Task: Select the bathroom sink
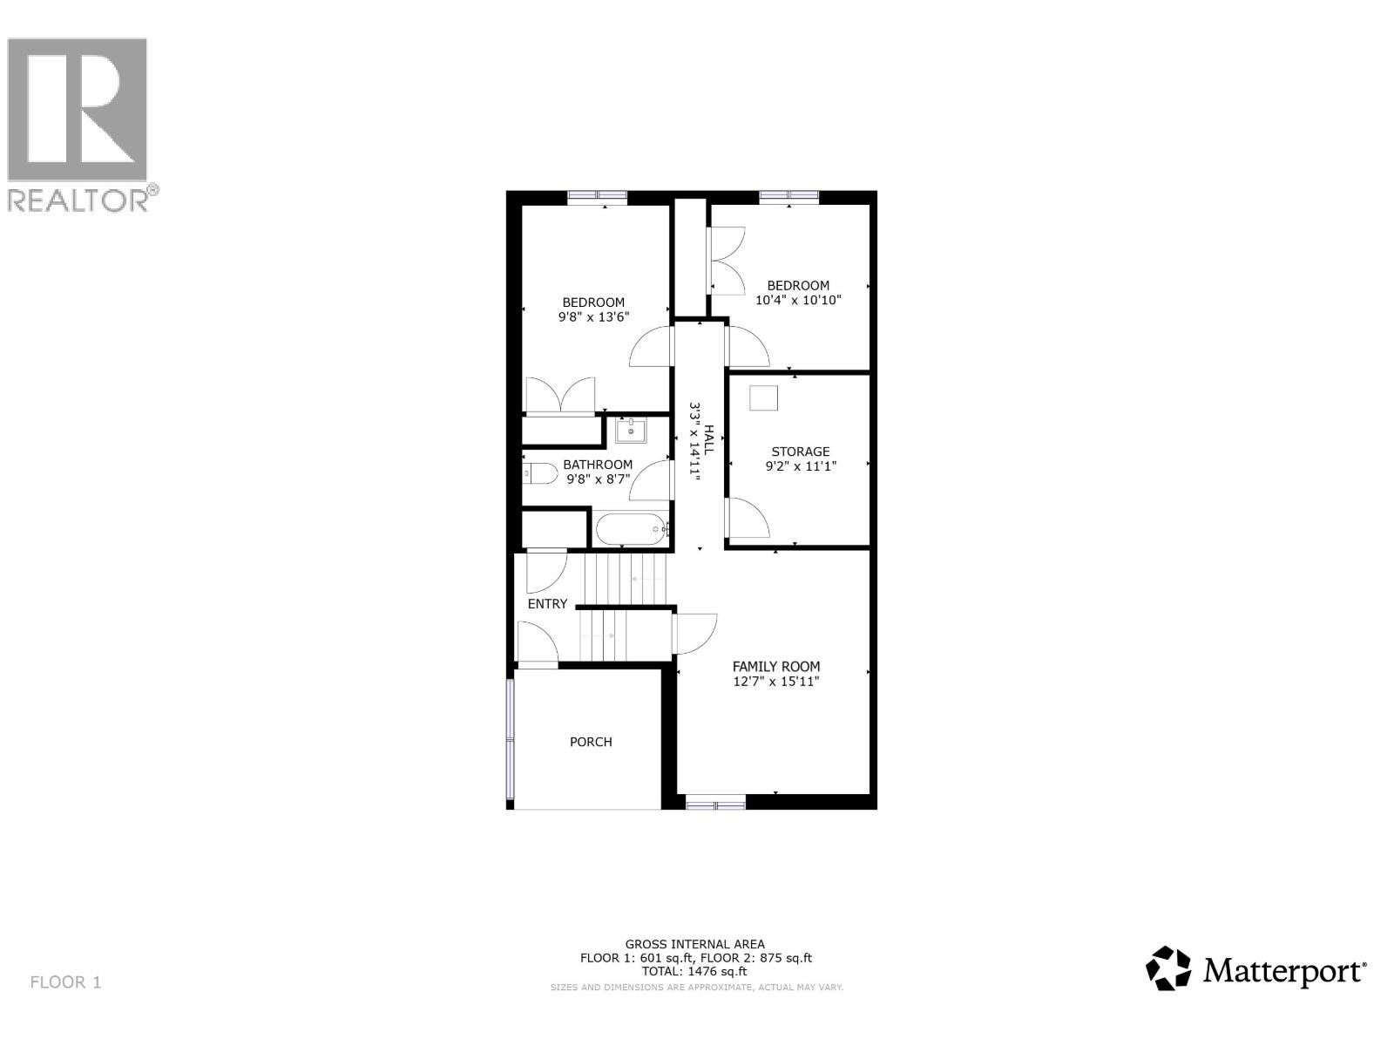tap(631, 430)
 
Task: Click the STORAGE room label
tap(800, 452)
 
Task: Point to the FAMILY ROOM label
tap(775, 667)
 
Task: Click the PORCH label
tap(591, 742)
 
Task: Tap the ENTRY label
tap(547, 603)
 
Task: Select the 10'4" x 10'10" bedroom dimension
tap(798, 300)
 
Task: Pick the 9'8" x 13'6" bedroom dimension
tap(593, 317)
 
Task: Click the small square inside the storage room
tap(763, 397)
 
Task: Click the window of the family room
tap(715, 802)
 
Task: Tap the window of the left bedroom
tap(597, 198)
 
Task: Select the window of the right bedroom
tap(788, 198)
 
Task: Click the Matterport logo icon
tap(1167, 968)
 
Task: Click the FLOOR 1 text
tap(65, 982)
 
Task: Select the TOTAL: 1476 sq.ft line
tap(694, 971)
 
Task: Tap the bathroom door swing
tap(652, 479)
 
